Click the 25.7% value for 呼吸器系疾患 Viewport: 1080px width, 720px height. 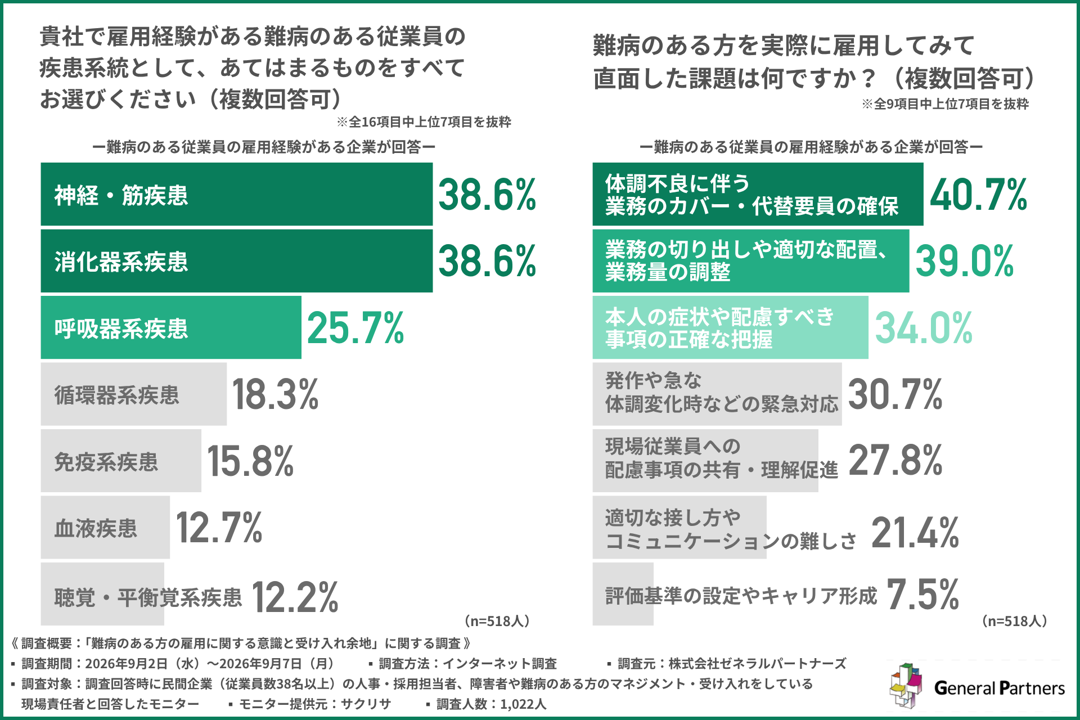click(x=355, y=328)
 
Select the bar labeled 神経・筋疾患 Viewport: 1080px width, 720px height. click(x=237, y=194)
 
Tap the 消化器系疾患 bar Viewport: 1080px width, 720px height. click(x=237, y=261)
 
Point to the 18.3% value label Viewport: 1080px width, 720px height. click(x=275, y=394)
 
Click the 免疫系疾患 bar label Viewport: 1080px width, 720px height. click(x=106, y=462)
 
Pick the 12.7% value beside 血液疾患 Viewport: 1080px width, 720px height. click(x=219, y=528)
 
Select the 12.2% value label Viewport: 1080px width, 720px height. click(x=295, y=597)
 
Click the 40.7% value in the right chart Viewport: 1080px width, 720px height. click(x=979, y=195)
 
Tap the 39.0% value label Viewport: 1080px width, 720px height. click(x=965, y=261)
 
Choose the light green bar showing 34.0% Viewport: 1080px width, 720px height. click(x=730, y=328)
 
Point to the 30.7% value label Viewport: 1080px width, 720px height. click(x=895, y=394)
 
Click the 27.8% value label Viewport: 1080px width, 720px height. click(x=895, y=461)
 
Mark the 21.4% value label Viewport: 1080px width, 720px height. click(x=915, y=533)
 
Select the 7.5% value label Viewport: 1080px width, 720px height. click(x=923, y=595)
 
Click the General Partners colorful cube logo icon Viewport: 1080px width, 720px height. click(x=906, y=686)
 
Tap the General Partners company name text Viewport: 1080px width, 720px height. click(x=1000, y=688)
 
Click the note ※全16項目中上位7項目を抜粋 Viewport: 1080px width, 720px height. click(x=424, y=122)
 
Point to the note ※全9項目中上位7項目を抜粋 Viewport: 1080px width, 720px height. click(x=946, y=104)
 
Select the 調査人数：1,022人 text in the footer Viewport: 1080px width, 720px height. click(x=491, y=704)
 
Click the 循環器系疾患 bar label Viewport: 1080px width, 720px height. click(x=117, y=395)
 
